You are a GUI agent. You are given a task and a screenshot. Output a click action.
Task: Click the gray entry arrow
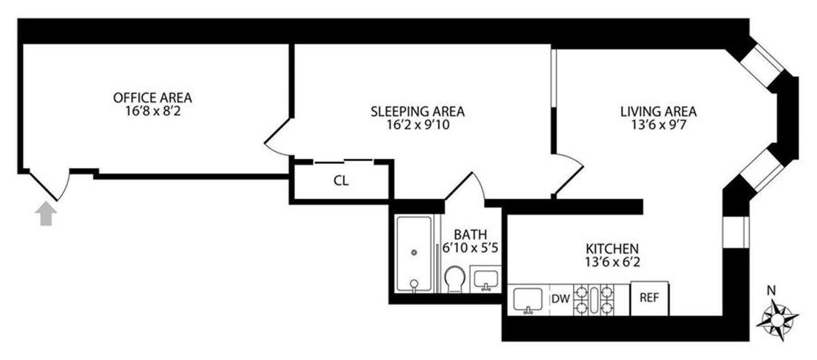tap(46, 214)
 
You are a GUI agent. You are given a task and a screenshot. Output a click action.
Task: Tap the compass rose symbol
tap(777, 319)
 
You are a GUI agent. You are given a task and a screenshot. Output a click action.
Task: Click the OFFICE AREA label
tap(152, 98)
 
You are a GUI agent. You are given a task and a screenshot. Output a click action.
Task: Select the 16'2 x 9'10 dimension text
tap(418, 125)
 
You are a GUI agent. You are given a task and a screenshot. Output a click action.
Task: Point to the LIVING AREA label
tap(658, 111)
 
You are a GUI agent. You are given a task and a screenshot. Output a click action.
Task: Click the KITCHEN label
tap(612, 249)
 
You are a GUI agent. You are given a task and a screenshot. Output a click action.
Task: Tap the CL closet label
tap(341, 181)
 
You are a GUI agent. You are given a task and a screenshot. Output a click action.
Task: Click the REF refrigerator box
tap(649, 298)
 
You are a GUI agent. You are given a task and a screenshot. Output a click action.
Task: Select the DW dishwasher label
tap(560, 299)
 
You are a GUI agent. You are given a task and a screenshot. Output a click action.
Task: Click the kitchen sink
tap(528, 300)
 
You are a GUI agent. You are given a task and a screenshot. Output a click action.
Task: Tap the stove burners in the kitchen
tap(594, 300)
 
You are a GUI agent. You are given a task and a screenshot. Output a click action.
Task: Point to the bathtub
tap(414, 254)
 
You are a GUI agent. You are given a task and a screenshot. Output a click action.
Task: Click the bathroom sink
tap(486, 279)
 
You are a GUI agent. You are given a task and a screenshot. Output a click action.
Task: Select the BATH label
tap(470, 234)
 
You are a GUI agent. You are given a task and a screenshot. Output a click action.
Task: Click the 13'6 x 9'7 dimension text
tap(658, 125)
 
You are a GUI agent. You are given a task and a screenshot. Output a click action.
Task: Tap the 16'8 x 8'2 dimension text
tap(153, 111)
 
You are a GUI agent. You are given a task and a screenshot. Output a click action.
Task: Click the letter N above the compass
tap(771, 291)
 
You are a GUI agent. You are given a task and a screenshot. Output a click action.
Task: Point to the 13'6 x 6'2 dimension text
tap(612, 262)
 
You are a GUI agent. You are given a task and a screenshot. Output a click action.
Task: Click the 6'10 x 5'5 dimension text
tap(470, 248)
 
